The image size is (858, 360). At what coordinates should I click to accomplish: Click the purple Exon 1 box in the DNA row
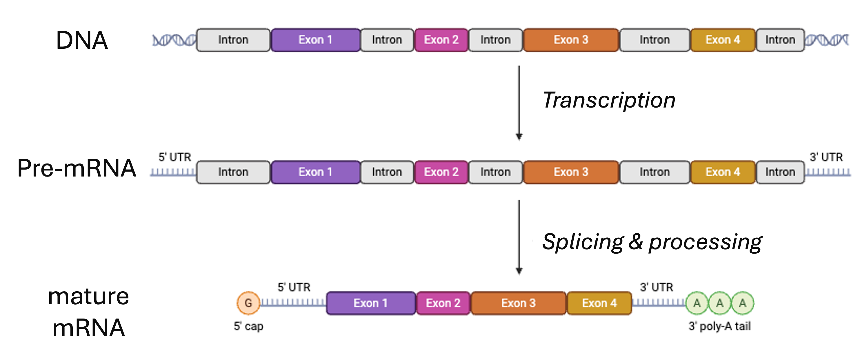point(315,40)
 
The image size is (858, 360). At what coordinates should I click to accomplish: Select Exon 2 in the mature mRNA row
point(443,303)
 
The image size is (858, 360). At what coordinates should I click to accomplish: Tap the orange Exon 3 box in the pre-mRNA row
point(571,172)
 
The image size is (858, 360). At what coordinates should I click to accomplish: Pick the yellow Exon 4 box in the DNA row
point(723,40)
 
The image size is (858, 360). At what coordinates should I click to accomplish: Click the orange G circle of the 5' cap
point(248,303)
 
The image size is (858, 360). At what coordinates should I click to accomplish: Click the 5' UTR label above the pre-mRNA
point(175,157)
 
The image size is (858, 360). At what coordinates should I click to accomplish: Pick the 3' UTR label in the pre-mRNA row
point(826,157)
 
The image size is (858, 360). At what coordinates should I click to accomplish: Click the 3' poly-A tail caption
point(719,326)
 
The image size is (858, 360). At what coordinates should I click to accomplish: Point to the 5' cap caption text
point(248,326)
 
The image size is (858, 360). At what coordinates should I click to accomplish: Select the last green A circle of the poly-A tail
point(742,303)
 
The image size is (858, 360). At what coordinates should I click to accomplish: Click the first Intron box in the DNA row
point(233,40)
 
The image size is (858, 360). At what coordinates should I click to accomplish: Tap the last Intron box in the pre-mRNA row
point(780,172)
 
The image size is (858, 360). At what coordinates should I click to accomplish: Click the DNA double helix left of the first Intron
point(174,40)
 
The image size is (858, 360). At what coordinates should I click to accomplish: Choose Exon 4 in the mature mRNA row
point(599,303)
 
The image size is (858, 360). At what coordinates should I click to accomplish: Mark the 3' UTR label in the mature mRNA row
point(657,287)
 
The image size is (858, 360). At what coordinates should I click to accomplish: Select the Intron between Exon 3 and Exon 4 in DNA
point(655,40)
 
